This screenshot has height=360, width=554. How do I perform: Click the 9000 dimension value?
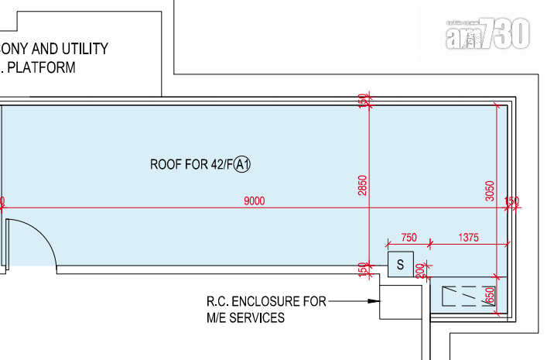254,201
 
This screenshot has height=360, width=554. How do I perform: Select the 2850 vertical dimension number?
363,186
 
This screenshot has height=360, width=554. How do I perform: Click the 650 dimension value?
489,296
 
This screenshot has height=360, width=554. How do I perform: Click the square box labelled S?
400,265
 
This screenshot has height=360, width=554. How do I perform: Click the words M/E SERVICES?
245,317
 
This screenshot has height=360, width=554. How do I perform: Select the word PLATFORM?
48,67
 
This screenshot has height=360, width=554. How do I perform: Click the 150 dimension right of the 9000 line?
511,201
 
